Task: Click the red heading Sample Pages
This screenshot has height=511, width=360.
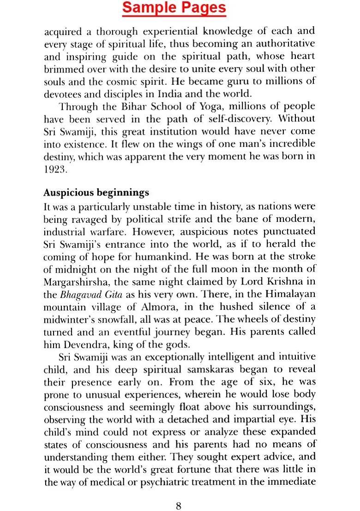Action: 174,8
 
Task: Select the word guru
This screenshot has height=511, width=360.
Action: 217,82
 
